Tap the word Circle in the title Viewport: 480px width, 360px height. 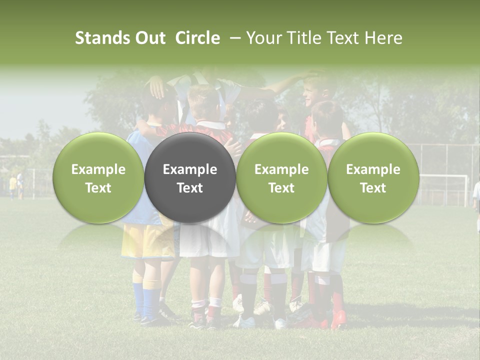click(197, 38)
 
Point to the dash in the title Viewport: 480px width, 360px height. click(233, 38)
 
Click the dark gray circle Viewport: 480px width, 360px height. click(190, 177)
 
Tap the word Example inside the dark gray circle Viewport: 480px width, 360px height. click(190, 169)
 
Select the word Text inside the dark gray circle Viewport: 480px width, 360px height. click(190, 188)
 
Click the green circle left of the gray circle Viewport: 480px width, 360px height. click(98, 177)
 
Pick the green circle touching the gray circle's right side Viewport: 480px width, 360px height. click(281, 177)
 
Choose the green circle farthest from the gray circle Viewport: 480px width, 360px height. click(373, 177)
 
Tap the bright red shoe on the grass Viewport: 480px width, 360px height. click(339, 319)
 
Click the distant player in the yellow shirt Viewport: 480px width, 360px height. click(12, 185)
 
